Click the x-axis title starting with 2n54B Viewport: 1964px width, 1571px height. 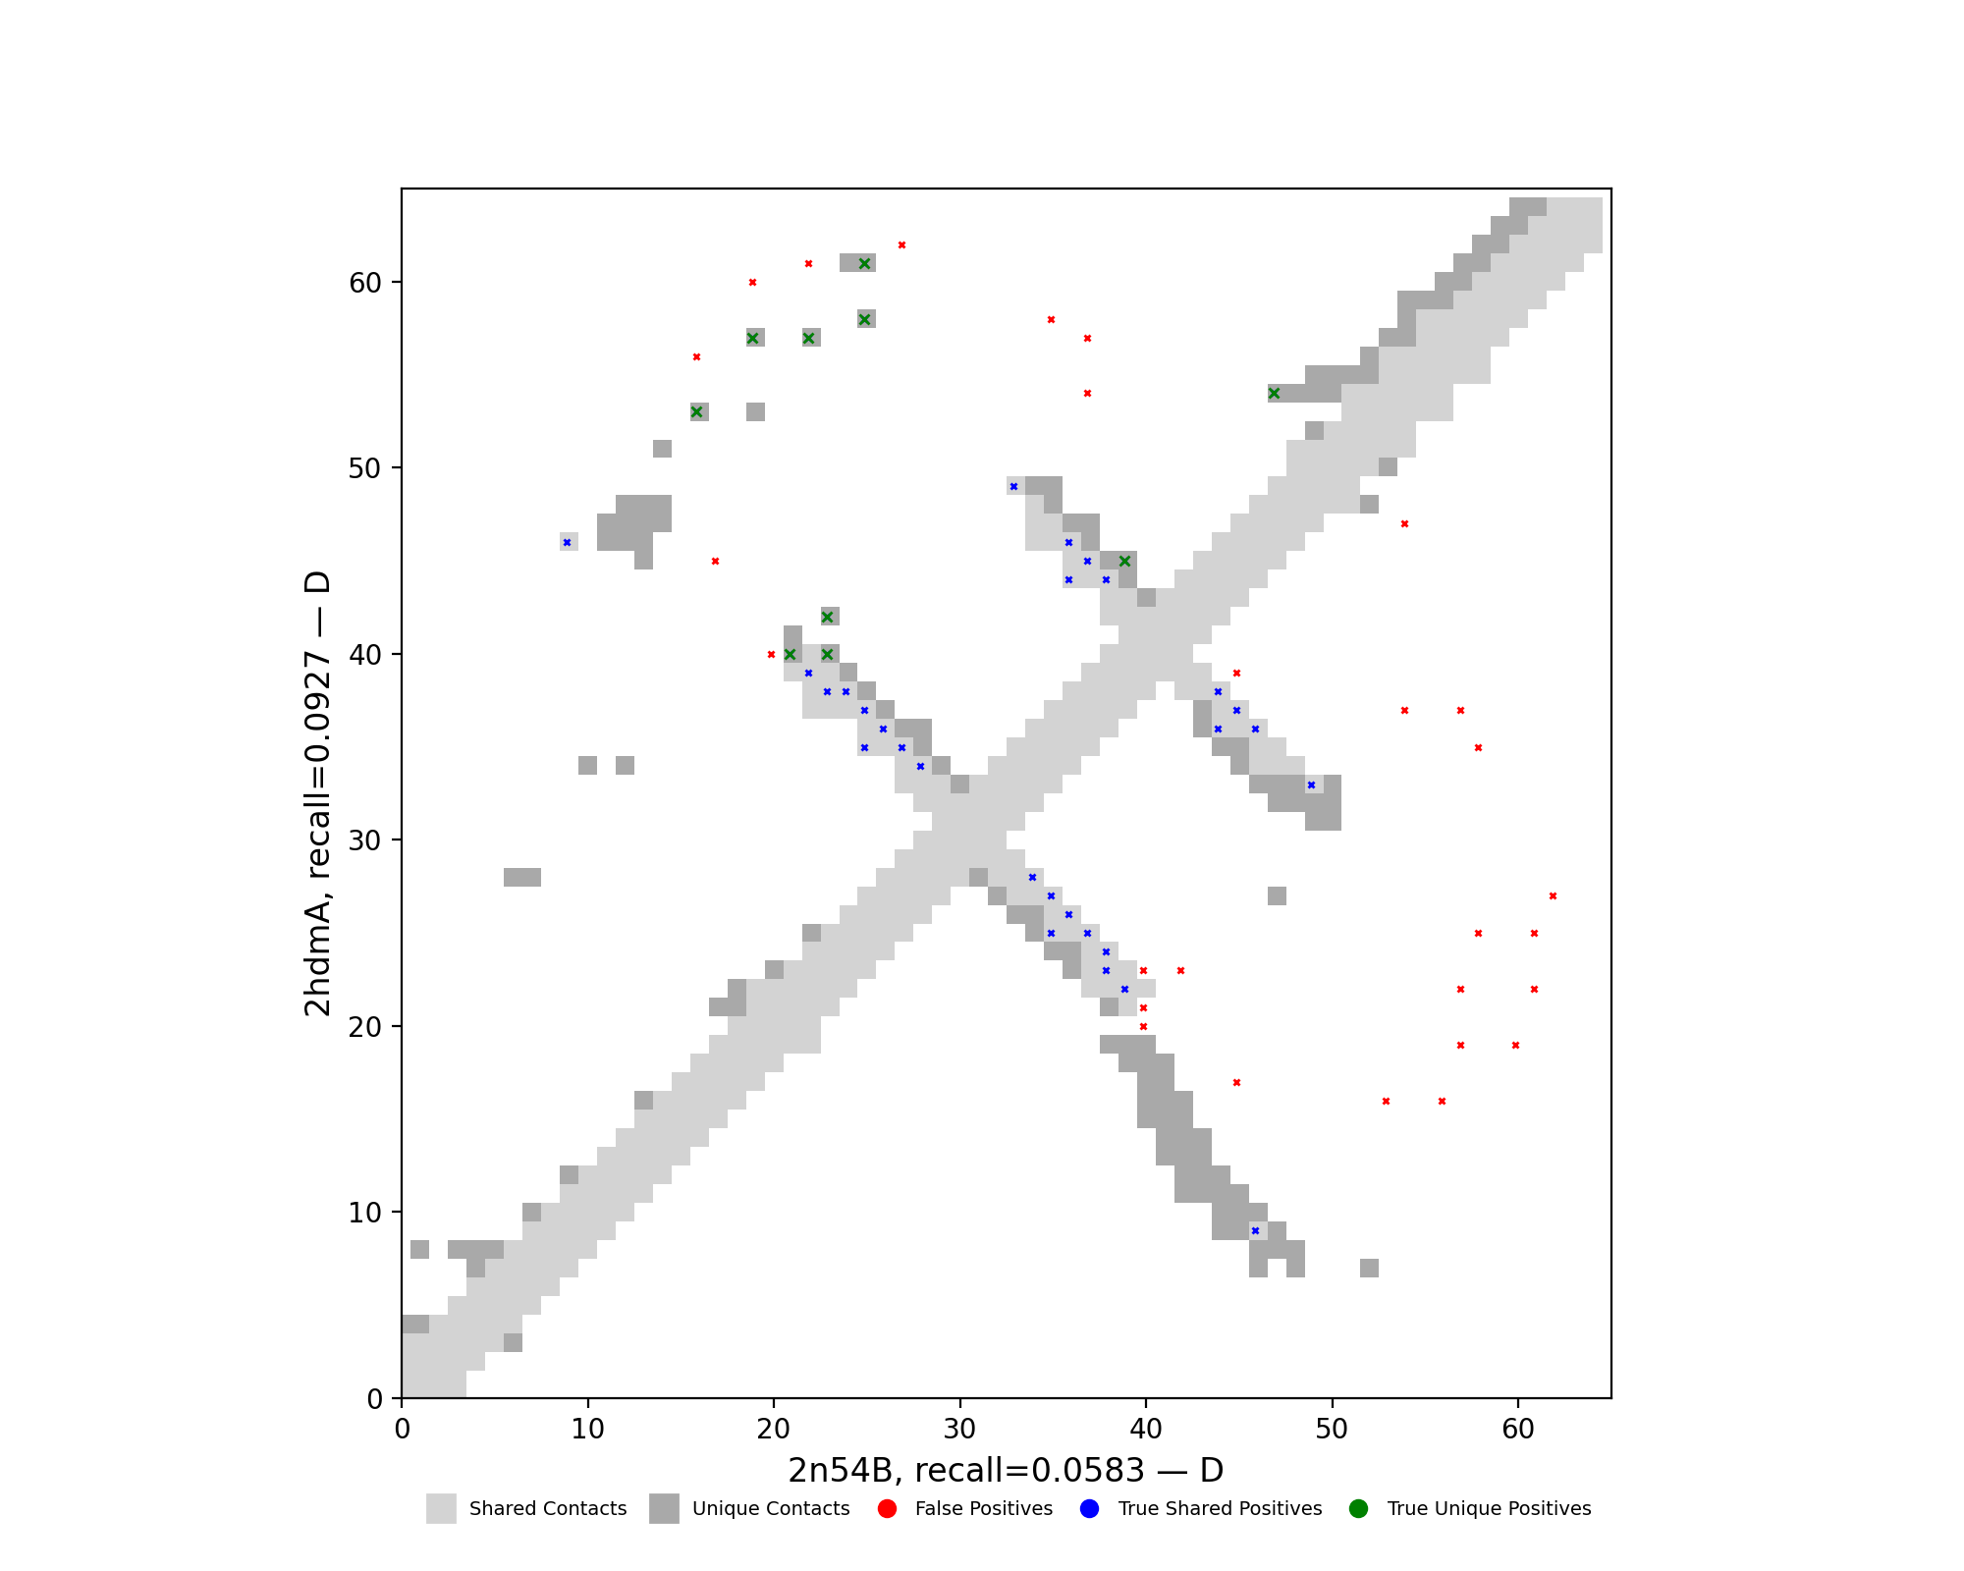click(x=1006, y=1471)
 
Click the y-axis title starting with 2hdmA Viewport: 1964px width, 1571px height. click(x=317, y=793)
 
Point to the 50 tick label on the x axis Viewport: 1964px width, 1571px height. click(x=1332, y=1429)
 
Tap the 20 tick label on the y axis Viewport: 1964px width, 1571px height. click(x=365, y=1027)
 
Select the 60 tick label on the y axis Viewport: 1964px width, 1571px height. click(x=365, y=283)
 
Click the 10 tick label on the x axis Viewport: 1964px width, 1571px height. click(x=587, y=1429)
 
